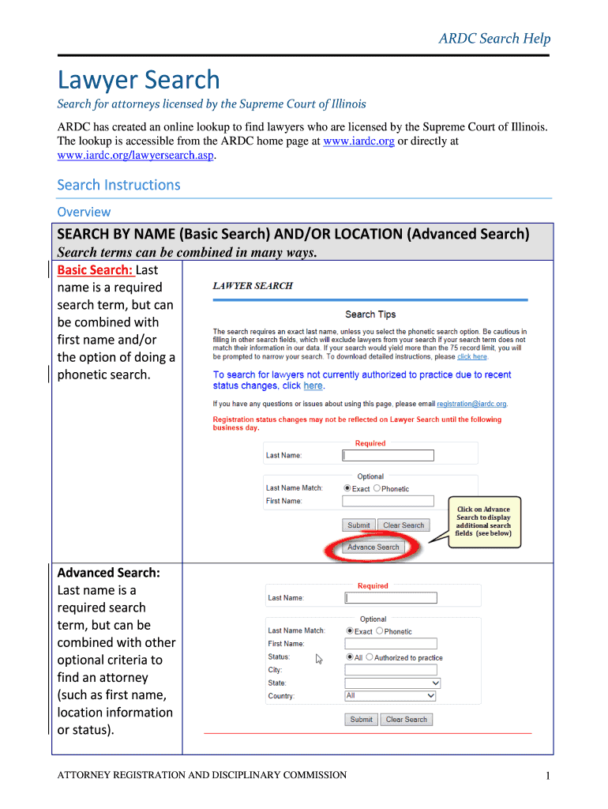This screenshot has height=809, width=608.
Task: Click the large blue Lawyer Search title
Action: [138, 80]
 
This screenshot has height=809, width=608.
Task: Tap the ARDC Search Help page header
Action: [494, 38]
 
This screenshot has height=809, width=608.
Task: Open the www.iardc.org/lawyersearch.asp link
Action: [136, 156]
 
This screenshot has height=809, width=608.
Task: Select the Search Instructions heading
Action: [118, 185]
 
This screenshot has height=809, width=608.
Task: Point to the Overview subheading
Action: [84, 212]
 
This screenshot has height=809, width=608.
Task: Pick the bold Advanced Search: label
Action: [109, 573]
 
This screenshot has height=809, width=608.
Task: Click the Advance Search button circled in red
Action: [373, 547]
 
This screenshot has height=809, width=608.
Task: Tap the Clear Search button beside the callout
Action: [403, 525]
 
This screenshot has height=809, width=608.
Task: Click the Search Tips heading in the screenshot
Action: [370, 314]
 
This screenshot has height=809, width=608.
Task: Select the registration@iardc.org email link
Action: [471, 404]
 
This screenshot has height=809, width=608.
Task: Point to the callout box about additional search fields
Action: [483, 521]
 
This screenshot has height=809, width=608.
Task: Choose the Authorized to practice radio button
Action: [370, 657]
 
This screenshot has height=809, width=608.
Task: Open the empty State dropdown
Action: [392, 683]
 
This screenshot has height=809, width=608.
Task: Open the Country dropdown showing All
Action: [390, 696]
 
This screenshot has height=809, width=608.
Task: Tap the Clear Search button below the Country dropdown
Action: [407, 720]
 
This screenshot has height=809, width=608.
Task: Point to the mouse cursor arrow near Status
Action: [319, 659]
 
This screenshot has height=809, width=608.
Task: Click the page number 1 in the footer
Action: [546, 777]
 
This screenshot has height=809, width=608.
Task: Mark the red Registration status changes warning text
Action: [357, 423]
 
